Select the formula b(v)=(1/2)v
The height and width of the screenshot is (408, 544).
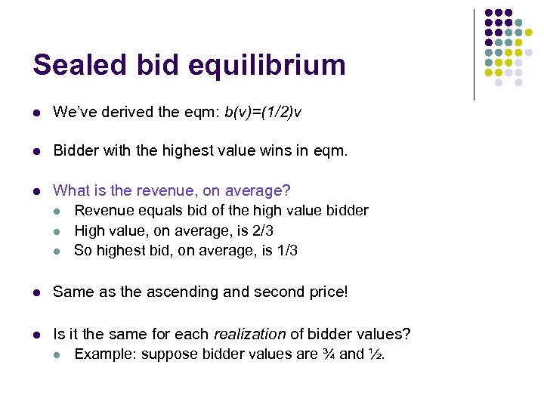tap(264, 113)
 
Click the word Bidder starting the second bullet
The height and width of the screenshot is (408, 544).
tap(74, 151)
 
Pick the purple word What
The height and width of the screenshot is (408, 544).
tap(70, 190)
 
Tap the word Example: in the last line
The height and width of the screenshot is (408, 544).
tap(105, 354)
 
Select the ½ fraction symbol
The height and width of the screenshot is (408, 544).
tap(378, 354)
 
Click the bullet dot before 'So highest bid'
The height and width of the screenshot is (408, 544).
tap(58, 251)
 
